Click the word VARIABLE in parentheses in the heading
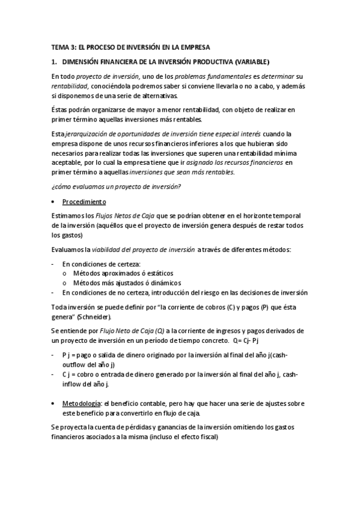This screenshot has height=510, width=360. (253, 61)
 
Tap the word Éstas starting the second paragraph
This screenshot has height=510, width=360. (59, 108)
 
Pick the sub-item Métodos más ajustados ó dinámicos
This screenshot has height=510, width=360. (127, 283)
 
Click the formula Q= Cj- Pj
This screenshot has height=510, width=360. (248, 340)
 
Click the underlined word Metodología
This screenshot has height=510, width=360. (81, 402)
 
